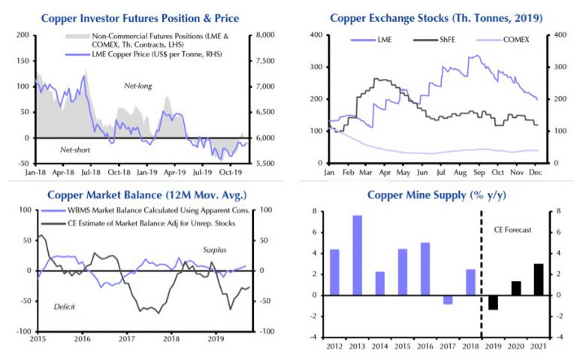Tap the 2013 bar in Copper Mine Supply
click(357, 255)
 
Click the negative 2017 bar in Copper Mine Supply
click(448, 299)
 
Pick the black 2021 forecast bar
click(538, 279)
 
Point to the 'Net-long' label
click(138, 86)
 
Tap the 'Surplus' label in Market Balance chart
click(216, 249)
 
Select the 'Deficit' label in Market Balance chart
click(64, 307)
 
